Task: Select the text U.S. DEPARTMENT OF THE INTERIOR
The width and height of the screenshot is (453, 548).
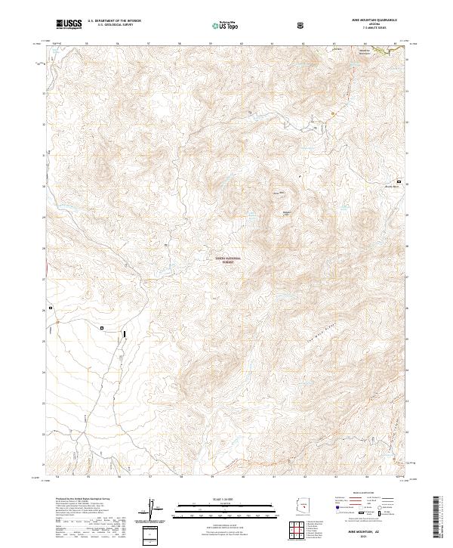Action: pos(112,22)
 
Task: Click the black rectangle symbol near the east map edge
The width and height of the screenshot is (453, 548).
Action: pos(399,181)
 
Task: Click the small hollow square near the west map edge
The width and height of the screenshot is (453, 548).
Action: pos(51,308)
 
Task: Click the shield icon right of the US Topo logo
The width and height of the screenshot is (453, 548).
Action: pos(300,26)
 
